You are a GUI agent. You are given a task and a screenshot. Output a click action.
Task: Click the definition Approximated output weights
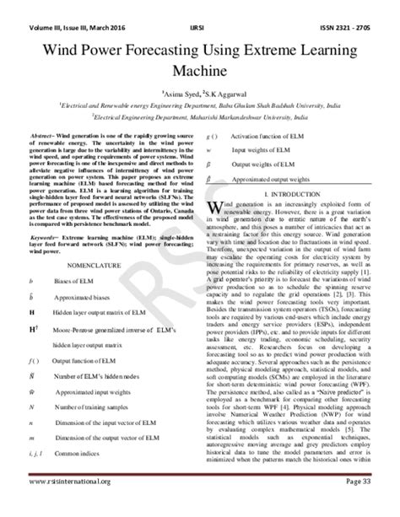pos(284,180)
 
